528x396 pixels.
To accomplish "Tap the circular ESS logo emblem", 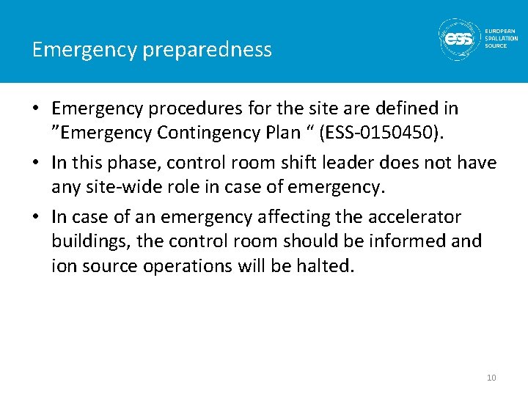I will point(459,39).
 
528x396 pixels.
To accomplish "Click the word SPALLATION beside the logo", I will point(501,39).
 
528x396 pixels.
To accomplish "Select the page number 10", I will point(491,378).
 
